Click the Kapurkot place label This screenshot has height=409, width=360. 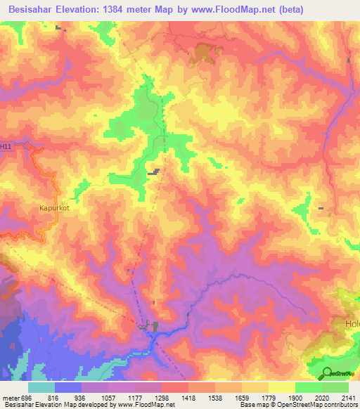46,208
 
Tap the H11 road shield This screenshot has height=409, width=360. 6,146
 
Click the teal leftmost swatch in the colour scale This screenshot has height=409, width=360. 41,387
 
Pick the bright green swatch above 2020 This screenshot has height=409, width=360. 309,387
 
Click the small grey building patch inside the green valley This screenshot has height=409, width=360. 153,171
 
